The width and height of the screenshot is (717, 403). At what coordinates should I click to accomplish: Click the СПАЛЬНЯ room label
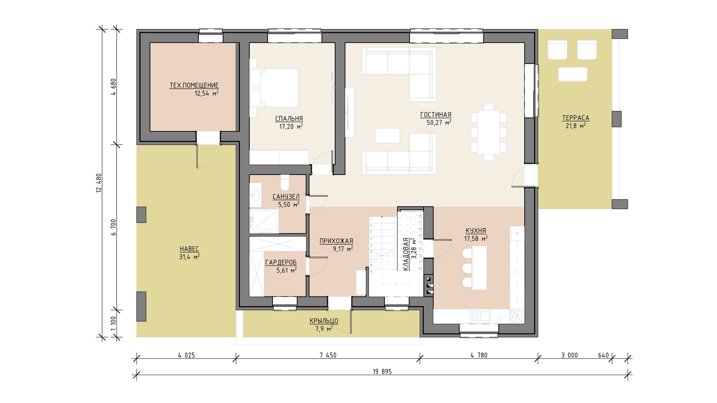(x=289, y=119)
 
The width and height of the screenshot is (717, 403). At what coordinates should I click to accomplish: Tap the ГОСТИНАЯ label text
(x=436, y=115)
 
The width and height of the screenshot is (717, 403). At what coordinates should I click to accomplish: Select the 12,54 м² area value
(x=206, y=94)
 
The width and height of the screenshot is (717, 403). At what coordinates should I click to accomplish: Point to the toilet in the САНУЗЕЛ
(x=285, y=183)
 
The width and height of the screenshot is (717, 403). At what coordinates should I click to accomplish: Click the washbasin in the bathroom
(x=256, y=195)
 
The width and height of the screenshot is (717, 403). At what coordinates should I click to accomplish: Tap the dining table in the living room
(x=489, y=132)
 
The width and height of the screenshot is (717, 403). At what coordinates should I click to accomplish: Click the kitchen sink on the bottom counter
(x=480, y=317)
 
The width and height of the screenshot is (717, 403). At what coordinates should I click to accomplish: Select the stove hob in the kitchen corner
(x=517, y=316)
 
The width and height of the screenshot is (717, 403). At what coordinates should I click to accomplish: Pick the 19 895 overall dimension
(x=382, y=371)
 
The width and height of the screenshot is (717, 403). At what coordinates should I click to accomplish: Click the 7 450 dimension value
(x=328, y=355)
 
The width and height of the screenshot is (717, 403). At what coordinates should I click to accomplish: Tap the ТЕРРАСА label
(x=576, y=118)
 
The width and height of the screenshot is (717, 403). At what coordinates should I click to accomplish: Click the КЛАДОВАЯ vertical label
(x=406, y=254)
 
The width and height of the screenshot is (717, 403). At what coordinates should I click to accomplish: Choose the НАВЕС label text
(x=189, y=249)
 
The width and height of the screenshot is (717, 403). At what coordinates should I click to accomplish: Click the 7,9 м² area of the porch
(x=324, y=329)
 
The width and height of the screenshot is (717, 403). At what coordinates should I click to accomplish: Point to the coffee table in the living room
(x=388, y=136)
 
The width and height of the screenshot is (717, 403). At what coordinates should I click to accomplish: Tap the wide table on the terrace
(x=573, y=74)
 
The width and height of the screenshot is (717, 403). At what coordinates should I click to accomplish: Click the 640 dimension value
(x=604, y=355)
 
